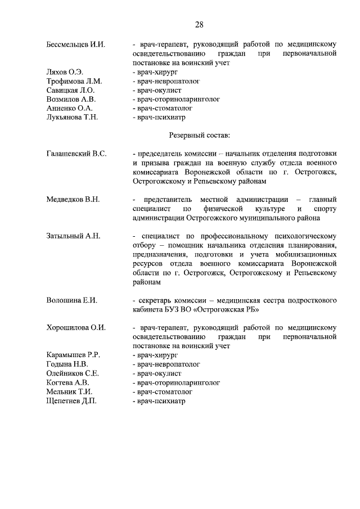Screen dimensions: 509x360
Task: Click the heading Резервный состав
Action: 200,136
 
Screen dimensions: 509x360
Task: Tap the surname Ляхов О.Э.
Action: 65,73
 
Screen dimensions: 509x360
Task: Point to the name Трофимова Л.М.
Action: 74,82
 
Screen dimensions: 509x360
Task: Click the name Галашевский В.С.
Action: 77,154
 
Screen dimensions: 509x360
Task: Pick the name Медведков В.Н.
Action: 73,199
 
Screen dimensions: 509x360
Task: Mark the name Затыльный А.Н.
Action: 73,236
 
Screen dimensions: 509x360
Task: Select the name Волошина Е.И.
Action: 72,300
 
